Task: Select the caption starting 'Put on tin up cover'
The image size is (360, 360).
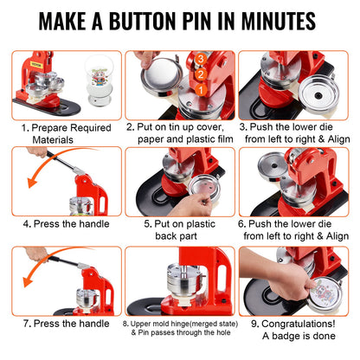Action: coord(178,132)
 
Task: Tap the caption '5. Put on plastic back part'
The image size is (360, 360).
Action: coord(179,228)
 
